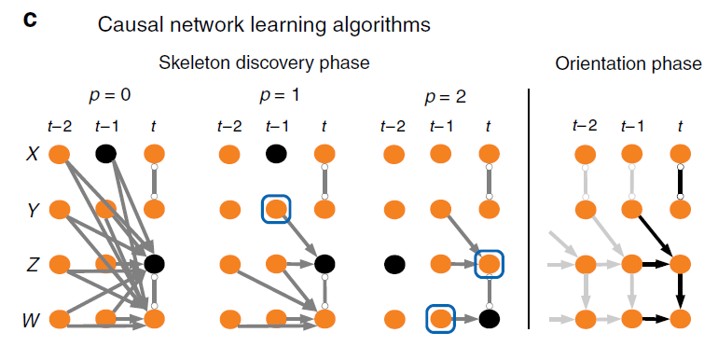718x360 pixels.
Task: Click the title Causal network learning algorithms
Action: pos(265,25)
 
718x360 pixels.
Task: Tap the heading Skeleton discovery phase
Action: pos(264,63)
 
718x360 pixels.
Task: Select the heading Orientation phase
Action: pos(628,63)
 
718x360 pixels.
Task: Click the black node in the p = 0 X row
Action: pos(105,154)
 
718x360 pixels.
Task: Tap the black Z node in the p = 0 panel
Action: pos(154,264)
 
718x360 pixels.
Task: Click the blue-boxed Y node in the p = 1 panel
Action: pos(276,209)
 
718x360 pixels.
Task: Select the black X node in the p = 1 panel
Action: pos(276,154)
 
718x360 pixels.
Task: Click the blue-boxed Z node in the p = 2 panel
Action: pos(489,264)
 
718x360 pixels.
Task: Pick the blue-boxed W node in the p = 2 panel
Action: pos(440,319)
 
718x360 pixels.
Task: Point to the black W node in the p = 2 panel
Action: pos(489,319)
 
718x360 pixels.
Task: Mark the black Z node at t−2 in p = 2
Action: pos(393,264)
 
